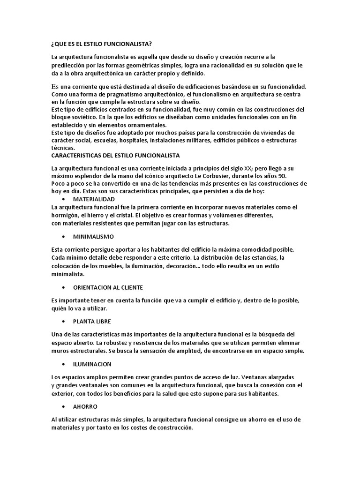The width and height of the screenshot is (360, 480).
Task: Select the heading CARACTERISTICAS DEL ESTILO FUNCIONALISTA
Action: (x=116, y=155)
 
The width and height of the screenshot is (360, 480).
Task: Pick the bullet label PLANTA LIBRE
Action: (x=92, y=321)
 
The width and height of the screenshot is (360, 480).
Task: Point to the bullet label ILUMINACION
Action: (x=92, y=364)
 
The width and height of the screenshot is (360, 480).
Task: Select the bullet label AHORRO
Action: (x=85, y=406)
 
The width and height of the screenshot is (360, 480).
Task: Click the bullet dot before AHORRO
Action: (x=63, y=406)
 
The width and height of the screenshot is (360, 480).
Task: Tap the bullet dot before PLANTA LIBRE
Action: (x=63, y=321)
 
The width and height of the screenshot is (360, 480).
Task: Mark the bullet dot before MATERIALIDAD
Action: (x=63, y=199)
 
